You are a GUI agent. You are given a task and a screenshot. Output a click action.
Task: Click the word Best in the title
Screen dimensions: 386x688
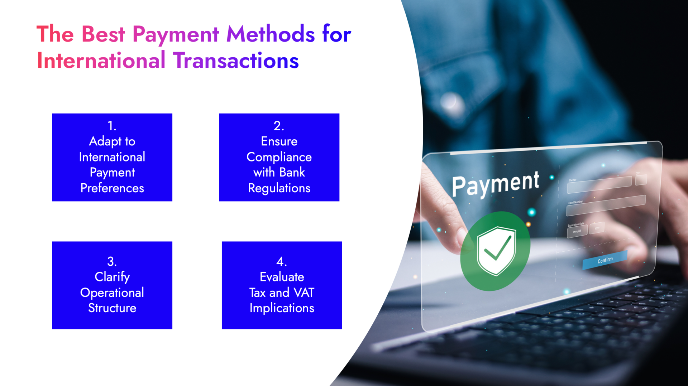click(103, 34)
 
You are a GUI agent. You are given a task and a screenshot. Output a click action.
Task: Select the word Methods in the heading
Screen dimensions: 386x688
click(271, 34)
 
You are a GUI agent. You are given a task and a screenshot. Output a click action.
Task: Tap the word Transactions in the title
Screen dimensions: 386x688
click(236, 61)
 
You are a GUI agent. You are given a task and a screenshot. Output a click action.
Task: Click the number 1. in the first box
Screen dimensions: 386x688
click(112, 126)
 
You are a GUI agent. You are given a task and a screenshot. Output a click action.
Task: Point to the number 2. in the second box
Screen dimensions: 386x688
click(279, 126)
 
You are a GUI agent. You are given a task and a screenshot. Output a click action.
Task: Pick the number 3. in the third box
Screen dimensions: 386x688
click(112, 261)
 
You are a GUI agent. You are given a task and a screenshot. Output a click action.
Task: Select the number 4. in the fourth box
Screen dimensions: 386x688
click(282, 261)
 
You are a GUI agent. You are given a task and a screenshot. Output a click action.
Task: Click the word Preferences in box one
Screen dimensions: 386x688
click(112, 188)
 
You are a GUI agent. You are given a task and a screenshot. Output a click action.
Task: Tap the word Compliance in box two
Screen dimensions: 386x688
click(279, 157)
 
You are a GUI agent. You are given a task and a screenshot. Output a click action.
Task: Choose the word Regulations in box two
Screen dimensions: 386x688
click(279, 188)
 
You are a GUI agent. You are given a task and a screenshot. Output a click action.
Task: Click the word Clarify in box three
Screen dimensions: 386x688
click(112, 277)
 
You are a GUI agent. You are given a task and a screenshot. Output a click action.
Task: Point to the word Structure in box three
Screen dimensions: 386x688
click(112, 308)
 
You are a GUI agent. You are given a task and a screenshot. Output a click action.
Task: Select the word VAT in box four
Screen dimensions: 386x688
click(304, 293)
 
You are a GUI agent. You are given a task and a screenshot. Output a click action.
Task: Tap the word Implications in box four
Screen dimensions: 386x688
click(282, 308)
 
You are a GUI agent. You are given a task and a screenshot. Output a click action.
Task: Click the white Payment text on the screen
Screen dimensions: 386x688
click(495, 183)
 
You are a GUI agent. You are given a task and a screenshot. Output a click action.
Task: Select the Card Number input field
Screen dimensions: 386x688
click(606, 206)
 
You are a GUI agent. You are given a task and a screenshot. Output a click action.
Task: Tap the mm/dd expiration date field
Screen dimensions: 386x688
click(577, 231)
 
